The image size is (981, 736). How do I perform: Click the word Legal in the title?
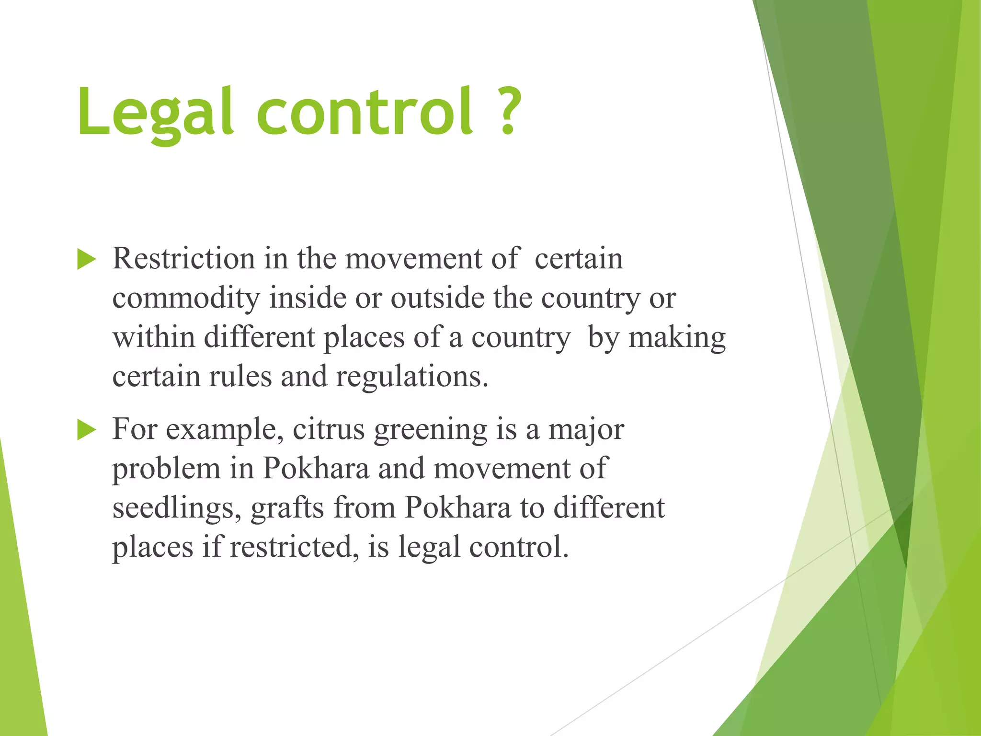[x=156, y=113]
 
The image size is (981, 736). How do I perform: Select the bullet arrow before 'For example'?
[x=86, y=430]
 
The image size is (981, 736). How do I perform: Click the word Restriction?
[x=183, y=259]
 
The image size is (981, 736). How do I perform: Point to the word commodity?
[x=186, y=299]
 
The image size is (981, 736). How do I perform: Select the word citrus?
[x=329, y=429]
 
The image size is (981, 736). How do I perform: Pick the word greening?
[x=430, y=430]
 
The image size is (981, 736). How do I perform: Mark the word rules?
[x=240, y=377]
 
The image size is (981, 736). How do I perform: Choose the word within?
[x=154, y=338]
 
